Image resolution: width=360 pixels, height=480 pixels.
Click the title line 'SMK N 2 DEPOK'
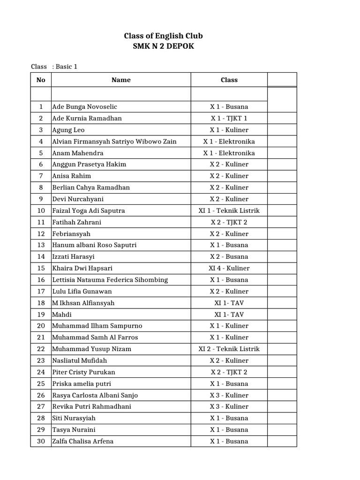[x=163, y=46]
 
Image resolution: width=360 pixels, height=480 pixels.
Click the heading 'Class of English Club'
[x=163, y=36]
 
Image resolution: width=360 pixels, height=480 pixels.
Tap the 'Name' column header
[x=121, y=80]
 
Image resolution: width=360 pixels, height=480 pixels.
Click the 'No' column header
[x=41, y=80]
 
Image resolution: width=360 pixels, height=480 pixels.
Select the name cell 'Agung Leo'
[x=68, y=130]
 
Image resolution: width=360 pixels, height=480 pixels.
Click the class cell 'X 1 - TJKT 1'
[x=229, y=119]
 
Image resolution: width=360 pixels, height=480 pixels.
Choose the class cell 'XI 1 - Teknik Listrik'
[x=229, y=210]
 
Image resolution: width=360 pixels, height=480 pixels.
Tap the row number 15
[x=41, y=268]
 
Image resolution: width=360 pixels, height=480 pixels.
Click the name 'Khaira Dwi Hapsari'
[x=82, y=268]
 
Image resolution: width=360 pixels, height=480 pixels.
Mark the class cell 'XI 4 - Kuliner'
[x=229, y=268]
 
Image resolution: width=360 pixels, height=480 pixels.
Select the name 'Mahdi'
[x=62, y=315]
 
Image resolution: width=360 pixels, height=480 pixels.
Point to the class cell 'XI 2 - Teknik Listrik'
[x=229, y=349]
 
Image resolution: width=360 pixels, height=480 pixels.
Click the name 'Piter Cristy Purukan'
[x=84, y=372]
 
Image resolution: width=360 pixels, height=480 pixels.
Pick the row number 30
[x=41, y=441]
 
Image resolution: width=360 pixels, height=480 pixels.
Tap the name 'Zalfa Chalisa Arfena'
[x=83, y=441]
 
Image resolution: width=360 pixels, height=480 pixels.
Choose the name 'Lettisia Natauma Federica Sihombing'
[x=110, y=280]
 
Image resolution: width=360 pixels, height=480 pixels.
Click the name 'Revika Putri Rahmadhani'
[x=92, y=406]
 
